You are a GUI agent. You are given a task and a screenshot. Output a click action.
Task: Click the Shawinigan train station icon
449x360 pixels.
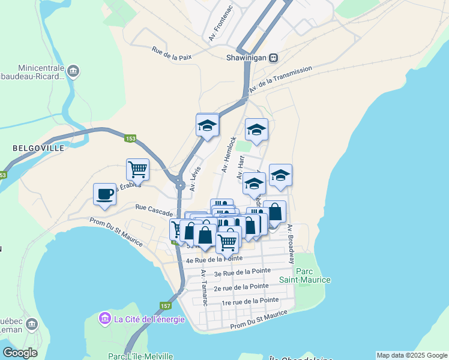pos(274,58)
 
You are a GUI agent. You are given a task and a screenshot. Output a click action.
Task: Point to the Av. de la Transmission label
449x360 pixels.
pos(281,79)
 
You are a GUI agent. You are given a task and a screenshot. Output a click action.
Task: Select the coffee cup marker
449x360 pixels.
pos(104,194)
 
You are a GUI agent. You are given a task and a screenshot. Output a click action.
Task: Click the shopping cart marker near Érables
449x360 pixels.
pos(137,169)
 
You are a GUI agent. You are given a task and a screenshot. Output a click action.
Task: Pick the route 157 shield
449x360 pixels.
pos(166,307)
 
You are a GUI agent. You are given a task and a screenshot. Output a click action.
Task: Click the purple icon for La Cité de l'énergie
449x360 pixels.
pos(104,317)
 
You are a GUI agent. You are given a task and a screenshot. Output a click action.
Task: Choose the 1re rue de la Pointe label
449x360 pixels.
pos(250,300)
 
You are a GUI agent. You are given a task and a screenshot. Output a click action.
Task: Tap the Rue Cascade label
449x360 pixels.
pos(154,210)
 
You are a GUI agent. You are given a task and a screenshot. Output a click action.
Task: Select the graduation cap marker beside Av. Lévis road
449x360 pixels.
pos(207,125)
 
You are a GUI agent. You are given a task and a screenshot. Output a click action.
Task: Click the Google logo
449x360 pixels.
pos(20,353)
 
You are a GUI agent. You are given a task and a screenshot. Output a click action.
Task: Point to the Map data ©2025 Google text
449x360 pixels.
pos(411,355)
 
